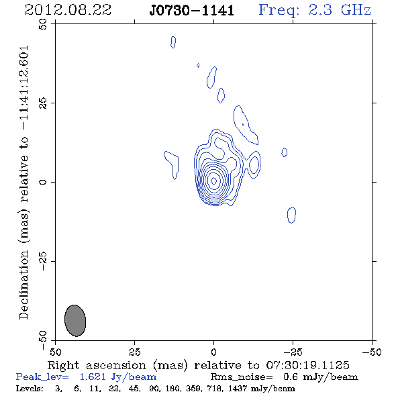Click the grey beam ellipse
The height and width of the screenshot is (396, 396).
click(x=75, y=320)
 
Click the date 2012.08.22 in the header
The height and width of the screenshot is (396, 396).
click(x=68, y=10)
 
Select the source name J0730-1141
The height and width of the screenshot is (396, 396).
click(x=191, y=10)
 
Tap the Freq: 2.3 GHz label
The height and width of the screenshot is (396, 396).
click(x=315, y=10)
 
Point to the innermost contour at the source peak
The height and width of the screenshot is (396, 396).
click(x=213, y=181)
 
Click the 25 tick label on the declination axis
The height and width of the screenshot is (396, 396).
click(x=43, y=103)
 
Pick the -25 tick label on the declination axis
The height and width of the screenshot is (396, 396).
click(x=43, y=261)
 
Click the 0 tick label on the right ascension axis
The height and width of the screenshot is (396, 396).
click(x=213, y=352)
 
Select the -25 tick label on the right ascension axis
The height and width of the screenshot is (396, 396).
click(x=293, y=352)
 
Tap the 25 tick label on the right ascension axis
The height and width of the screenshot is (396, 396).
click(x=134, y=352)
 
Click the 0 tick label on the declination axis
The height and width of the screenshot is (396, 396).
click(x=43, y=182)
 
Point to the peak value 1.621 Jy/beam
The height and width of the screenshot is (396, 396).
click(x=117, y=377)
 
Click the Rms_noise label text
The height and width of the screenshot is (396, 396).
click(x=242, y=377)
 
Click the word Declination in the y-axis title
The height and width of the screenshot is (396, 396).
click(x=23, y=285)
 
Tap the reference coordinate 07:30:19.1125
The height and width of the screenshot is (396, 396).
click(x=307, y=365)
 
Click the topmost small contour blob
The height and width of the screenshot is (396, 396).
click(x=173, y=42)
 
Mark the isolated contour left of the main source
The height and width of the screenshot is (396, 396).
click(x=171, y=164)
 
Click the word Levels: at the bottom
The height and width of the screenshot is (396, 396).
click(x=30, y=388)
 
